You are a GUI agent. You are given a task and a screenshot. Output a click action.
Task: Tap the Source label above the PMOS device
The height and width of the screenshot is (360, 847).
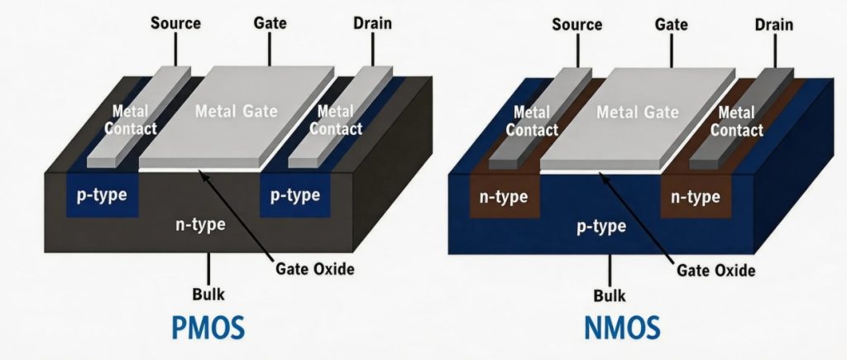point(175,22)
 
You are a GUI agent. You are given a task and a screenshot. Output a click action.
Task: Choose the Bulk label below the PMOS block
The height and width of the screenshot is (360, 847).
point(208,293)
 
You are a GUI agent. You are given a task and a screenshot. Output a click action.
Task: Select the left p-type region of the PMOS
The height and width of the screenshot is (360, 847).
point(102,195)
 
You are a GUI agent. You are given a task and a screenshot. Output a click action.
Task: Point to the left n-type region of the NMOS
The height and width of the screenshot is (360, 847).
point(504,198)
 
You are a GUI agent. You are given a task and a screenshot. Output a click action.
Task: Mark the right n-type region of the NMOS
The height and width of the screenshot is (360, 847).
point(696,198)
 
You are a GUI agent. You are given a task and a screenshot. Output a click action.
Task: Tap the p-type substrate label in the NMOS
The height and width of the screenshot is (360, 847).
point(601,227)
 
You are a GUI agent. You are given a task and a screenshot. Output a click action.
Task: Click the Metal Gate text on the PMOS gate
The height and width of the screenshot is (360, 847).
point(237,112)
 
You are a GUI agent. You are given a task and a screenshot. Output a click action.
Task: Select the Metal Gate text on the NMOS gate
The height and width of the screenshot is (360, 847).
point(638,112)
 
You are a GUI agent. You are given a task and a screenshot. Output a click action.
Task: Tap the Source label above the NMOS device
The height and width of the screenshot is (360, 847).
point(577,25)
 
